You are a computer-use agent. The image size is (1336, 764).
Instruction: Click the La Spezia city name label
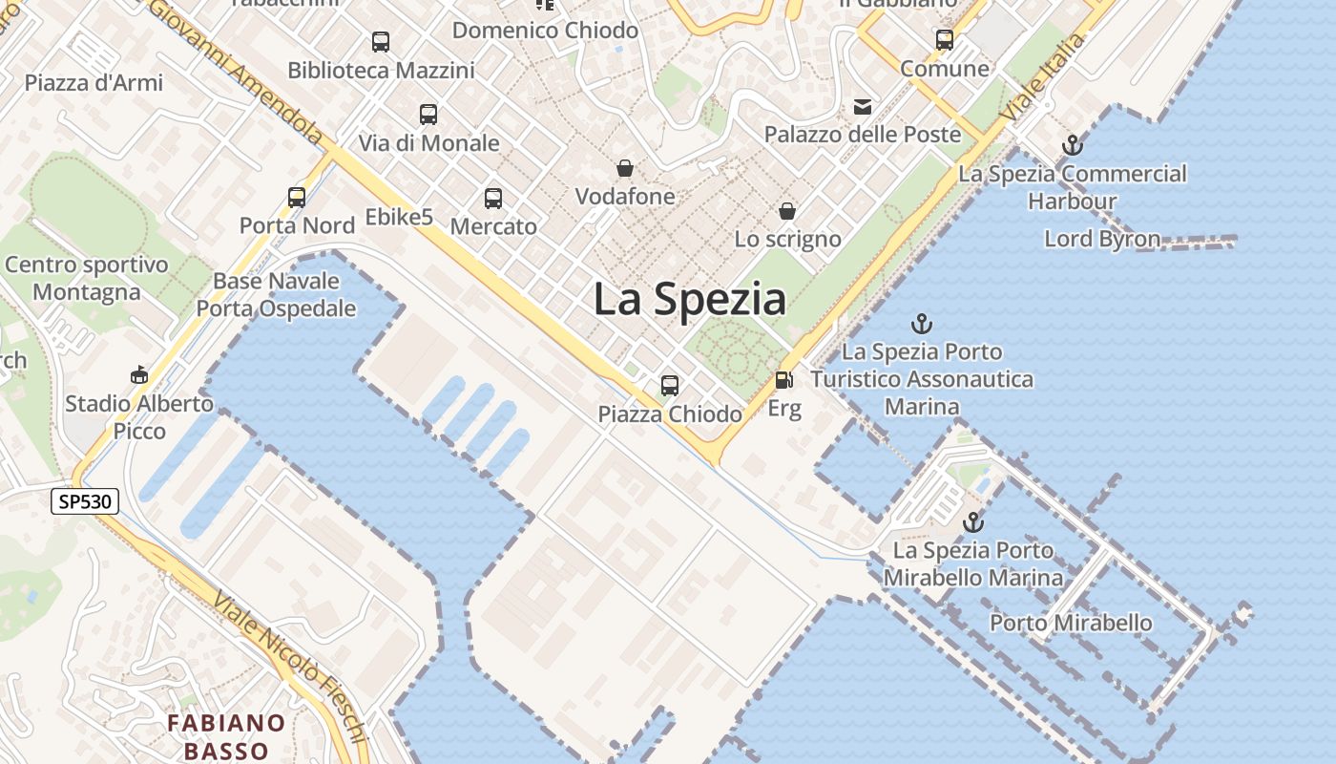coord(690,299)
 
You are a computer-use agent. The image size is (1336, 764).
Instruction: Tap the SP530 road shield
coord(85,502)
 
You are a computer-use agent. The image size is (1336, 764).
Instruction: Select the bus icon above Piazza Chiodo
coord(670,386)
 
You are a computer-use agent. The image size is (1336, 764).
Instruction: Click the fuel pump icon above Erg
coord(783,380)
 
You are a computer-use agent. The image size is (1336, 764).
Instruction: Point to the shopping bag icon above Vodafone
coord(625,169)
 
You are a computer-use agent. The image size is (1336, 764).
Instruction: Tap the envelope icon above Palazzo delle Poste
coord(863,106)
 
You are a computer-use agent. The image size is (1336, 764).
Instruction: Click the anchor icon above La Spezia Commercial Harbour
coord(1073,146)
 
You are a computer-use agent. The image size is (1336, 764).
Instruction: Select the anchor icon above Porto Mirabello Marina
coord(972,522)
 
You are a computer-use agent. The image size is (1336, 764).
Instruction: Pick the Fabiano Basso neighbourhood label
coord(227,736)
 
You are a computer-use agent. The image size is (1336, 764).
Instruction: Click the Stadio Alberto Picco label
coord(139,417)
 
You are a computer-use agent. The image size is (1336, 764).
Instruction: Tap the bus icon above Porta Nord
coord(297,198)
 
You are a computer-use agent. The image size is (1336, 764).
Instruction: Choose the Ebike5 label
coord(399,218)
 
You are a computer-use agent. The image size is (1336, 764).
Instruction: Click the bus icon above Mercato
coord(493,199)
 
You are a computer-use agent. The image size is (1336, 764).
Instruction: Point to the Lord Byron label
coord(1102,239)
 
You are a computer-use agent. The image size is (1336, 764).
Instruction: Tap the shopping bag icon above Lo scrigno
coord(787,211)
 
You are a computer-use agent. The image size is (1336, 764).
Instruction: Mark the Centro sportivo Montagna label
coord(87,278)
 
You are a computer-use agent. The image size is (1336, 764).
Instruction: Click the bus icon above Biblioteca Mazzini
coord(381,42)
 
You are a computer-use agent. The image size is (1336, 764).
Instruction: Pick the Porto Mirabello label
coord(1071,624)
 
